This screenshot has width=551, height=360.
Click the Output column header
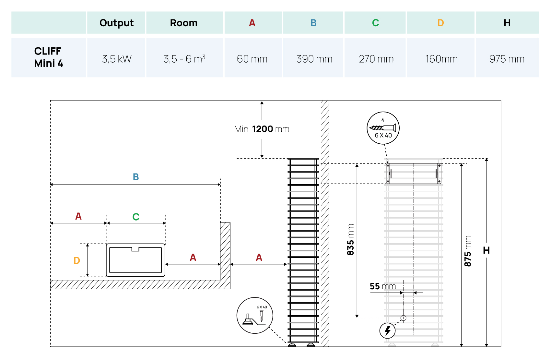click(x=116, y=23)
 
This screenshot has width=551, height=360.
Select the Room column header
click(x=183, y=23)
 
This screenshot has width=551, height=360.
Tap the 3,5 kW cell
click(x=117, y=59)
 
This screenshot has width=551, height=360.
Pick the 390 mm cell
click(x=314, y=59)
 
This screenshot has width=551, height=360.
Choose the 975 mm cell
click(x=507, y=59)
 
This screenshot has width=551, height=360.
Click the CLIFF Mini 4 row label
click(x=48, y=57)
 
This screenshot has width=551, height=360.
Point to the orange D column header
click(x=440, y=23)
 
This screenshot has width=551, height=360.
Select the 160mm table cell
click(x=441, y=59)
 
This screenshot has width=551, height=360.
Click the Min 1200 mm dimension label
click(x=262, y=129)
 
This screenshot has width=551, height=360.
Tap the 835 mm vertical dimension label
click(x=350, y=239)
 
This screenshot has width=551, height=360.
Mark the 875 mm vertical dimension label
click(x=467, y=251)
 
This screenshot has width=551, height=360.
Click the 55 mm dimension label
click(x=382, y=286)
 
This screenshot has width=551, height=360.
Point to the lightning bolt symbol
click(x=387, y=330)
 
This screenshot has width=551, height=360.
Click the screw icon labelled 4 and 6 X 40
click(x=383, y=128)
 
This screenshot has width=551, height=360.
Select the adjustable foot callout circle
click(x=255, y=315)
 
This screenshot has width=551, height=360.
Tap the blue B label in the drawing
click(x=136, y=177)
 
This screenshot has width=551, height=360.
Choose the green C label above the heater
click(x=136, y=217)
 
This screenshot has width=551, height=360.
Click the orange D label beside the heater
click(x=77, y=260)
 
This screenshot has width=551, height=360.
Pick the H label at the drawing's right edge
click(x=486, y=250)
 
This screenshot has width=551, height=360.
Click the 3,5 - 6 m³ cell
click(x=184, y=59)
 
